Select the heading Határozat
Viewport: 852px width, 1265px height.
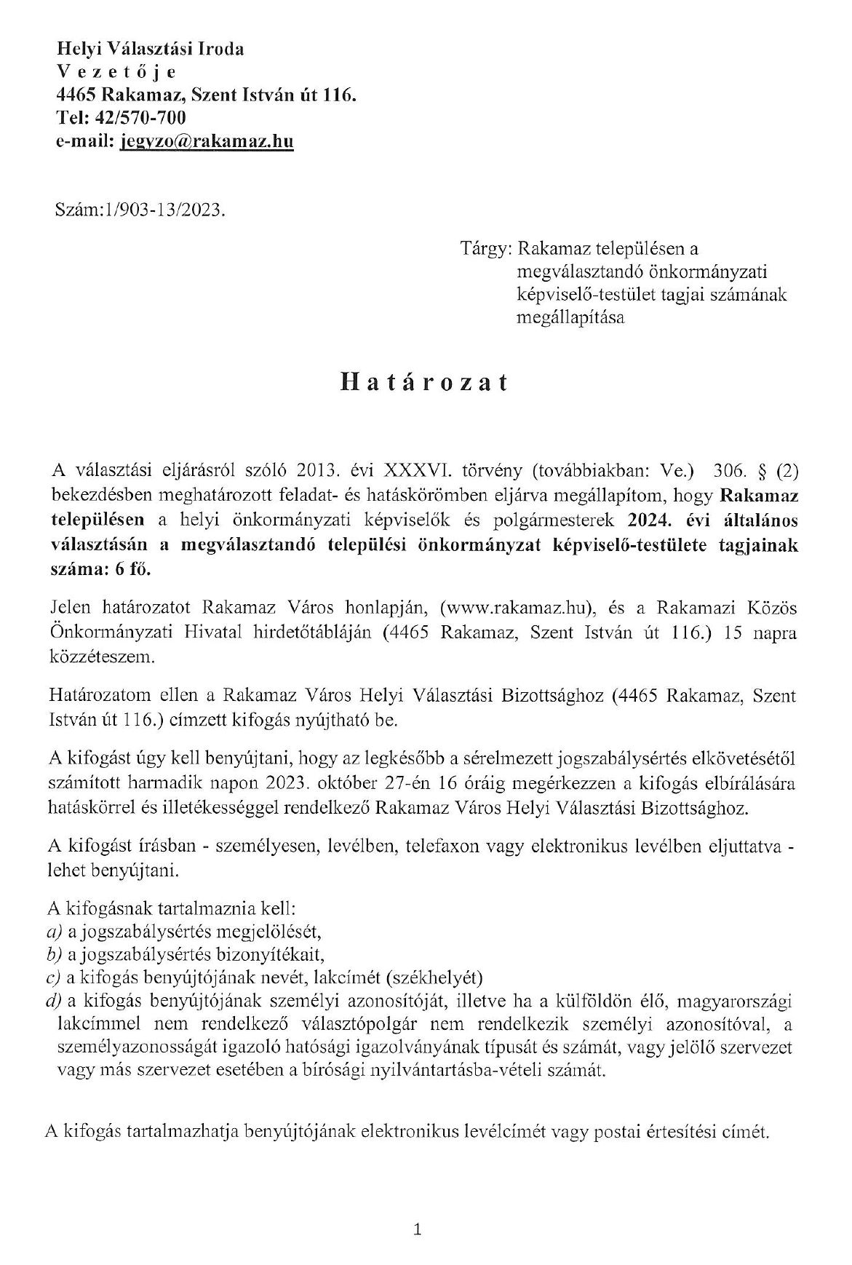[423, 383]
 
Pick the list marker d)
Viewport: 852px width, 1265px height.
[53, 1000]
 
